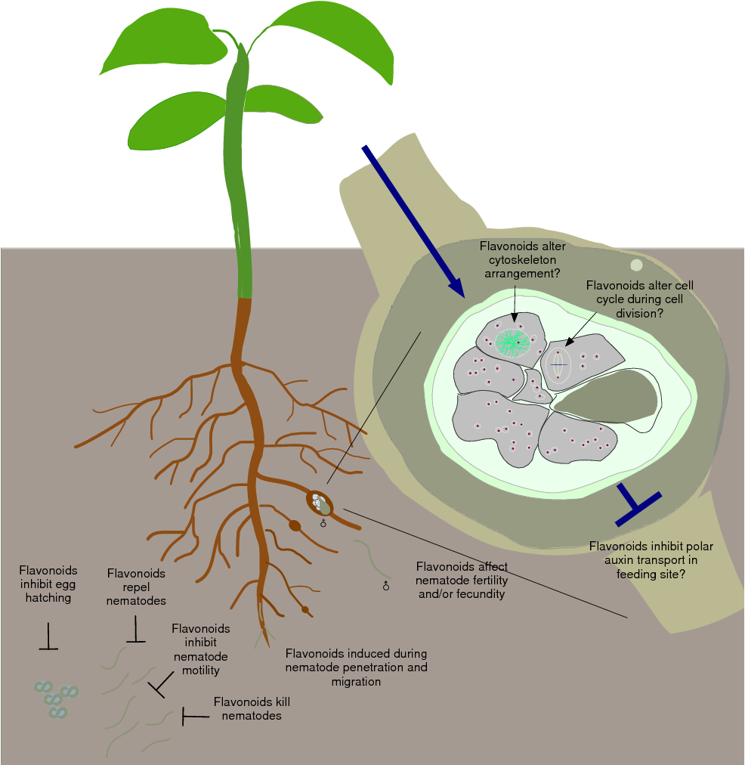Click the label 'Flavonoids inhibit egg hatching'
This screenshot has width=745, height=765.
coord(48,584)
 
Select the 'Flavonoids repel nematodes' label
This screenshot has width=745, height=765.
coord(137,587)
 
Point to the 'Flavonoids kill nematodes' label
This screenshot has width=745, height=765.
coord(252,708)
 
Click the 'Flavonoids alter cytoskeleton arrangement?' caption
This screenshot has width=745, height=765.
coord(522,260)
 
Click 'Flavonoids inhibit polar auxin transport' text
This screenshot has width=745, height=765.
coord(651,559)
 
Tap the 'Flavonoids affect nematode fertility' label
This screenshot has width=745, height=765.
coord(462,580)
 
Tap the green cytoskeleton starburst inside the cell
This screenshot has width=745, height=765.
coord(513,343)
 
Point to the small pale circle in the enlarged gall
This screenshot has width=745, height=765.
coord(636,265)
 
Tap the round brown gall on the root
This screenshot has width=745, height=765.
coord(295,525)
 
